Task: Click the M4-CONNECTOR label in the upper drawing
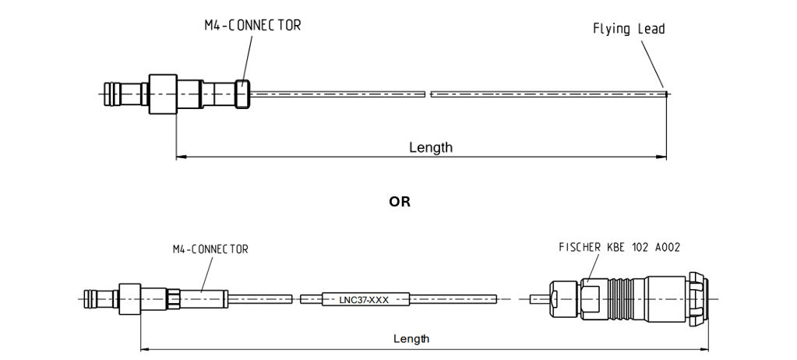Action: (x=252, y=26)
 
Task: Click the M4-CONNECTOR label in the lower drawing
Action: (x=210, y=249)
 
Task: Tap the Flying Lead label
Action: (x=629, y=29)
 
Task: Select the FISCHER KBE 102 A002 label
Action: (x=619, y=247)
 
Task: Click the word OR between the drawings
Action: (x=400, y=202)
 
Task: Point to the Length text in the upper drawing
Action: (x=431, y=147)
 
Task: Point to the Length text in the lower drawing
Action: (x=411, y=339)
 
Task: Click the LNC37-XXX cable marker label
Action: (x=365, y=299)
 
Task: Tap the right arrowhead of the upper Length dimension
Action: (x=662, y=157)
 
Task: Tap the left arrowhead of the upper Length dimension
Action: (x=181, y=157)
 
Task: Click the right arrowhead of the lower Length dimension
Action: (x=704, y=348)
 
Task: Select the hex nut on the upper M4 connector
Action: (x=242, y=94)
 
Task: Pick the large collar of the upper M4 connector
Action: (x=163, y=94)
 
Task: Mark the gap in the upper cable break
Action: (x=428, y=94)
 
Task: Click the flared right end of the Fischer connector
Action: (x=700, y=298)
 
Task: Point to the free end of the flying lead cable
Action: (x=666, y=94)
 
